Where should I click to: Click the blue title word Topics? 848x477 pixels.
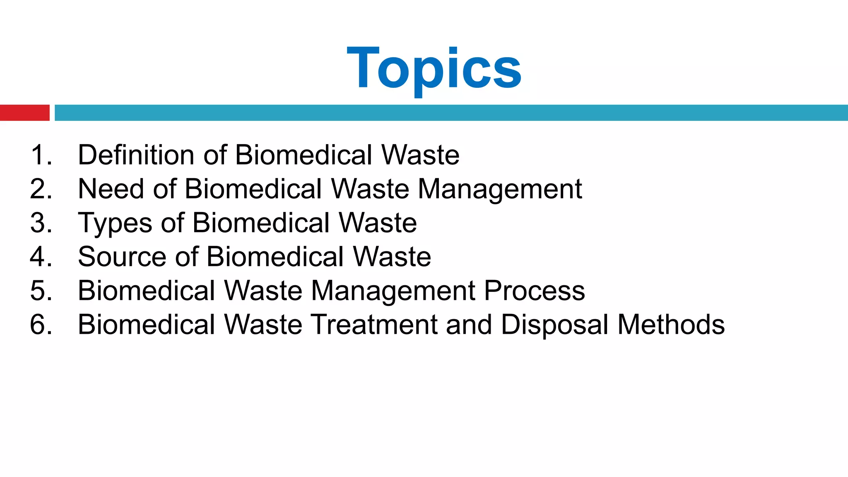click(434, 68)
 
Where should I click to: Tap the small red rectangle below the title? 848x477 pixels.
click(24, 113)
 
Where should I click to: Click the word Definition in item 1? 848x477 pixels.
click(136, 155)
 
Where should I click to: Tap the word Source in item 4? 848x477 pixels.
click(122, 257)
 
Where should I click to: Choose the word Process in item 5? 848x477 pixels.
click(534, 291)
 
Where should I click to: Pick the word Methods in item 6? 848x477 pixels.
click(671, 325)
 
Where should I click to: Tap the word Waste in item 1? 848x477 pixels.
click(420, 155)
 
